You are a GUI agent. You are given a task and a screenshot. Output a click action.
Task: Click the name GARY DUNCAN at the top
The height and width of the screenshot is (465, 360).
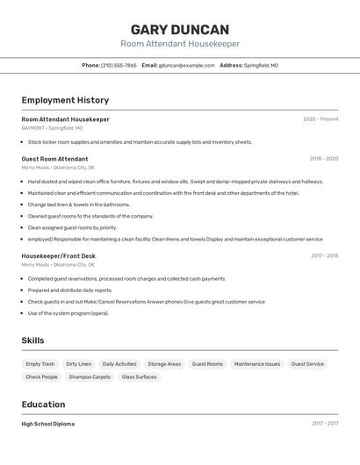[x=180, y=29]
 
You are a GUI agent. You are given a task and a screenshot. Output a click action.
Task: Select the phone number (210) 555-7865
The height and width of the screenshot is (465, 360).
[x=119, y=65]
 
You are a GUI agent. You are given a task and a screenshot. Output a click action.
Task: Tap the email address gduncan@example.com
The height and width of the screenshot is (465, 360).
[x=186, y=65]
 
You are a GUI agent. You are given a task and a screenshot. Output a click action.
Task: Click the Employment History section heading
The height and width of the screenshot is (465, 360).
[x=65, y=100]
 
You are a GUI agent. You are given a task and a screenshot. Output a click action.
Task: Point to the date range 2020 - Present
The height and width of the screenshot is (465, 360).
[x=320, y=119]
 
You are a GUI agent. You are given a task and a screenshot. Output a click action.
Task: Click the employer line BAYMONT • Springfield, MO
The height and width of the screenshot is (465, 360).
[x=52, y=128]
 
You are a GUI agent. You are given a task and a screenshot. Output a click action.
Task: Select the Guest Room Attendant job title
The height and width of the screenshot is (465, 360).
[x=54, y=159]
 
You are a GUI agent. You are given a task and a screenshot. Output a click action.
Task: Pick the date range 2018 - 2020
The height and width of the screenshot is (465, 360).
[x=323, y=159]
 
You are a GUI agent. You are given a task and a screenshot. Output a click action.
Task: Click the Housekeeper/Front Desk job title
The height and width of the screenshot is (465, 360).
[x=59, y=256]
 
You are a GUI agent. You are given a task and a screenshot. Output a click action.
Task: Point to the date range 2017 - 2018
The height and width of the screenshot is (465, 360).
[x=324, y=256]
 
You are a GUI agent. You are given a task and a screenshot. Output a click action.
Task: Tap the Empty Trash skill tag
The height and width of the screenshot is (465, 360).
[x=40, y=364]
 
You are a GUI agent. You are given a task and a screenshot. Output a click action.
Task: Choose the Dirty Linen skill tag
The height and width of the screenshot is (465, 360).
[x=78, y=364]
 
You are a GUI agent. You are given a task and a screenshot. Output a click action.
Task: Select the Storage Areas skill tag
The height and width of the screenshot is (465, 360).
[x=164, y=364]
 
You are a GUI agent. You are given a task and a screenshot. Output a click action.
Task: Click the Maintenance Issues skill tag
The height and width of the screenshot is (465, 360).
[x=257, y=364]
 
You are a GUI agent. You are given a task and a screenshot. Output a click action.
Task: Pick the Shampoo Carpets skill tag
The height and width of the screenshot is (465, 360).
[x=90, y=377]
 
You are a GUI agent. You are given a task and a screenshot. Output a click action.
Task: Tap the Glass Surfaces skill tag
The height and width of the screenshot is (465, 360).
[x=140, y=377]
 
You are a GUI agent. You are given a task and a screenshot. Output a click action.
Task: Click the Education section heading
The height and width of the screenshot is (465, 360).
[x=43, y=404]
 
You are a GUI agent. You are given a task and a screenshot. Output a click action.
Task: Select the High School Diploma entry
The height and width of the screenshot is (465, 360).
[x=47, y=424]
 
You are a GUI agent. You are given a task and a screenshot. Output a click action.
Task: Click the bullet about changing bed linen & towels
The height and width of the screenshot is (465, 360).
[x=78, y=204]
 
